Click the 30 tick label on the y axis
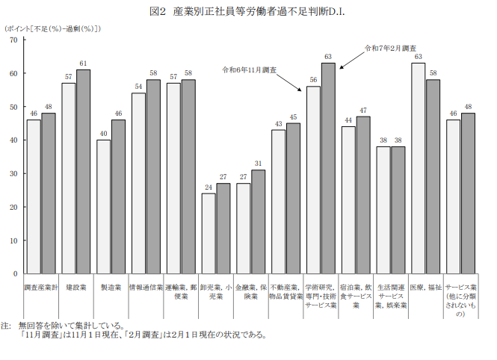(14, 173)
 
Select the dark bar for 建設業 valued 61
(83, 172)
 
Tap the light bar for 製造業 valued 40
(103, 207)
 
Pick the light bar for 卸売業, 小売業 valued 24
(209, 234)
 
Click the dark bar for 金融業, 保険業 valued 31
(258, 222)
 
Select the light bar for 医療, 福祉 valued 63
(419, 169)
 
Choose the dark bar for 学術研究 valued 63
(328, 169)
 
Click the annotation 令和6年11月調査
(249, 69)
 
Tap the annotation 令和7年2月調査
(389, 48)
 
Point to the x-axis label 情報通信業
(146, 287)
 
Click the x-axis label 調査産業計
(41, 287)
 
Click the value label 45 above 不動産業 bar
(293, 117)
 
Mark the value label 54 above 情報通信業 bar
(138, 86)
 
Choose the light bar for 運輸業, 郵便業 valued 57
(173, 179)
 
